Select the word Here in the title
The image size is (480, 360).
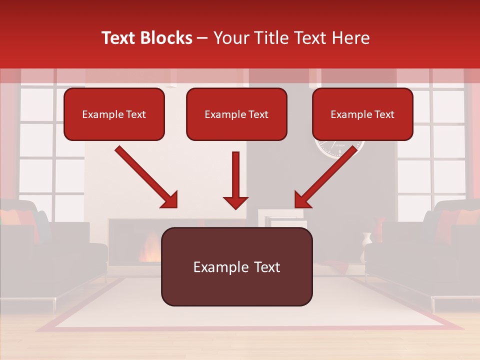350,38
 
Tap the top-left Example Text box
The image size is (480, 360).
114,114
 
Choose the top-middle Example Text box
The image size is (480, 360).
236,114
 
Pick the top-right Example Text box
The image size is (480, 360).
362,114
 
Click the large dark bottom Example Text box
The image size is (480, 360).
236,266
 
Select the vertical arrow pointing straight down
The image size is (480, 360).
235,180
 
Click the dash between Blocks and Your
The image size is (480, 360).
202,38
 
